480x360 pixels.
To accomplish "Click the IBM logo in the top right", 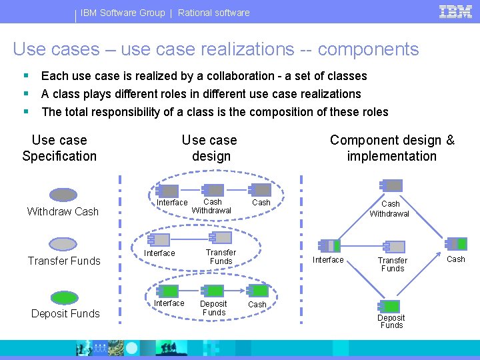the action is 456,11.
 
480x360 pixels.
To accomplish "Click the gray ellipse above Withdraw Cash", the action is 64,195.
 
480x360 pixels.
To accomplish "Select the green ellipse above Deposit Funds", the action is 65,297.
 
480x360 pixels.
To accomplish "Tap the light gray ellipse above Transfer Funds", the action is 64,244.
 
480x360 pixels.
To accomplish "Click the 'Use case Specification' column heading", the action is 59,148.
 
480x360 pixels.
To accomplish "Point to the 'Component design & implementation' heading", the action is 392,148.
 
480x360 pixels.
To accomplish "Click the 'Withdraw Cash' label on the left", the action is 63,212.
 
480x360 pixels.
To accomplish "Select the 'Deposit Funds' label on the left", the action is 65,314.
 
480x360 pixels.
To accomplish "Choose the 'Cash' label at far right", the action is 456,259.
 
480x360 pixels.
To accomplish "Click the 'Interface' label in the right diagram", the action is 329,260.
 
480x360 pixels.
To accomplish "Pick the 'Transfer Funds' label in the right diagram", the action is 392,264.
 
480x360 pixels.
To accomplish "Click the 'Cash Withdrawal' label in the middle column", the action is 212,206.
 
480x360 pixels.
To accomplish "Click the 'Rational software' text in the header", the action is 214,13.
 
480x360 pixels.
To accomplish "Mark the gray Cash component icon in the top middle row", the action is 261,190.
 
